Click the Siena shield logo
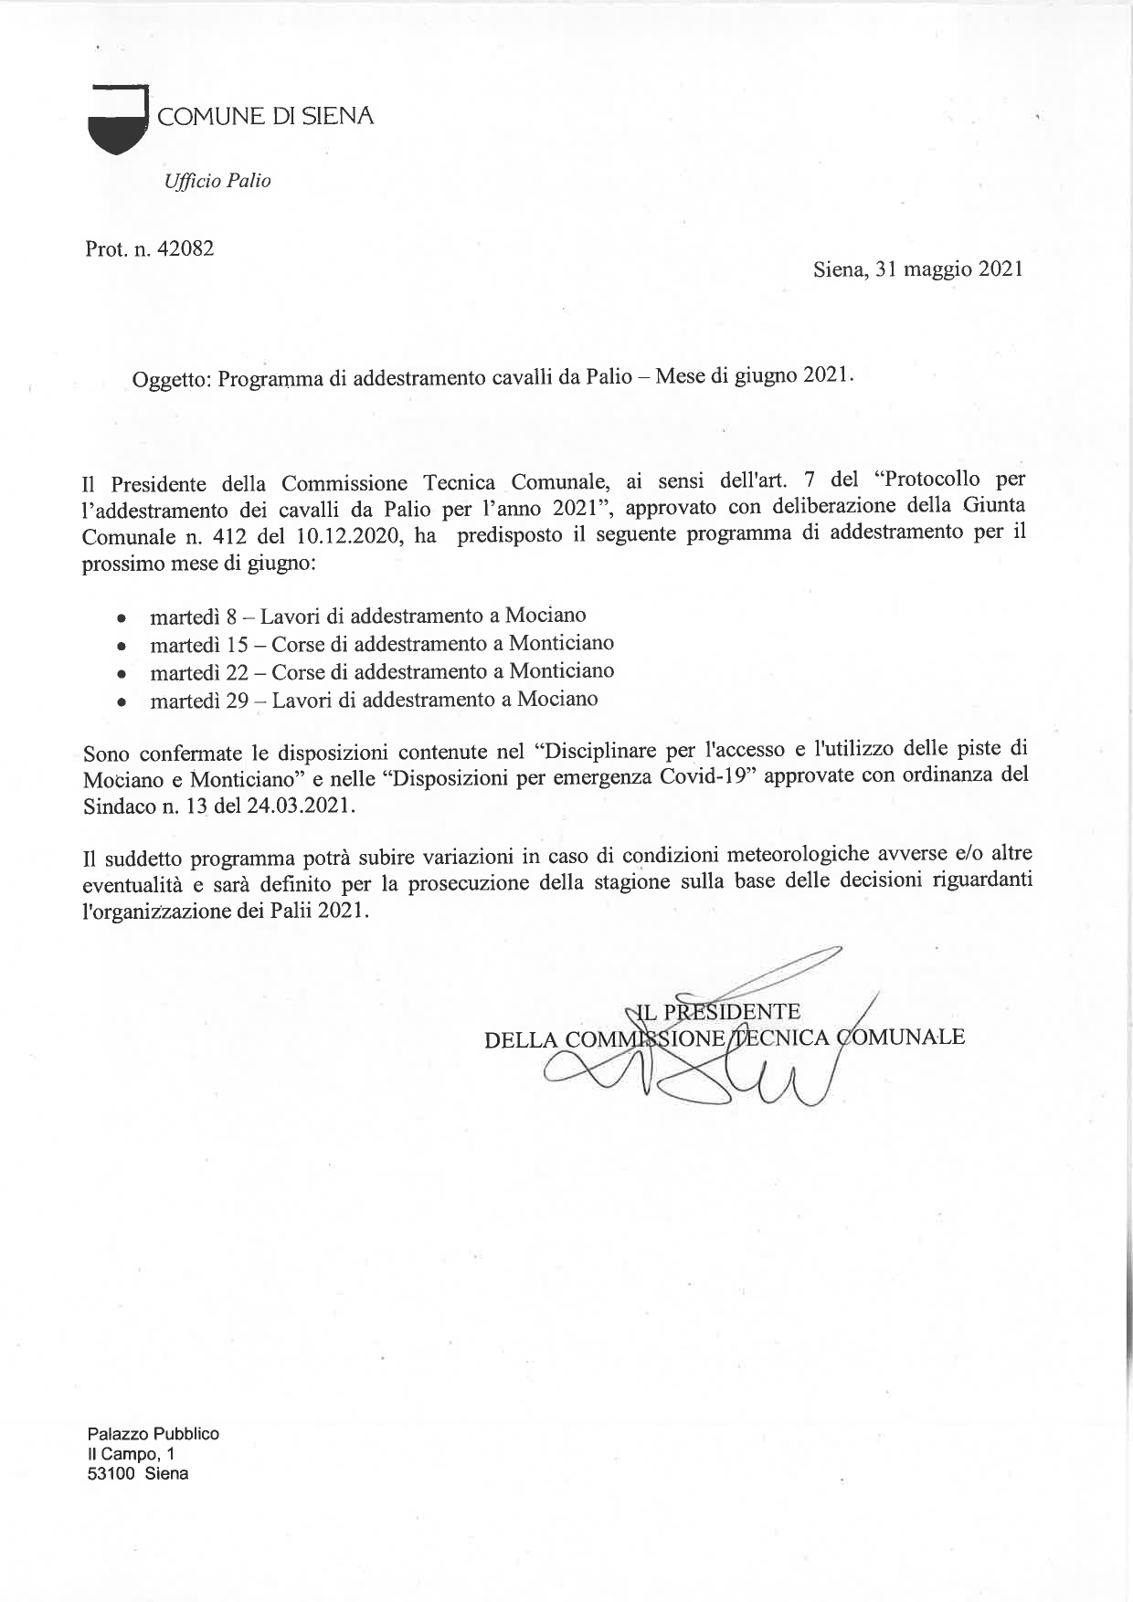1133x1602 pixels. [x=118, y=119]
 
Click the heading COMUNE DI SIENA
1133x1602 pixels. [x=266, y=117]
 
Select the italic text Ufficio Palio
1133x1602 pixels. [x=217, y=181]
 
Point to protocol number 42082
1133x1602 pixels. [x=185, y=248]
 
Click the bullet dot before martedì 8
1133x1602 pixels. [x=122, y=618]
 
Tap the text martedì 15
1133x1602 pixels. [x=198, y=645]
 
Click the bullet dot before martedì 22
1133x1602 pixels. [x=122, y=674]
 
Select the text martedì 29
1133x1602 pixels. [x=199, y=701]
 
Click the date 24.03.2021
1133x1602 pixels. [x=297, y=806]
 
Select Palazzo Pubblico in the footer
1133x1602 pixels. [x=153, y=1434]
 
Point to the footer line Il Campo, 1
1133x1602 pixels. [x=132, y=1453]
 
